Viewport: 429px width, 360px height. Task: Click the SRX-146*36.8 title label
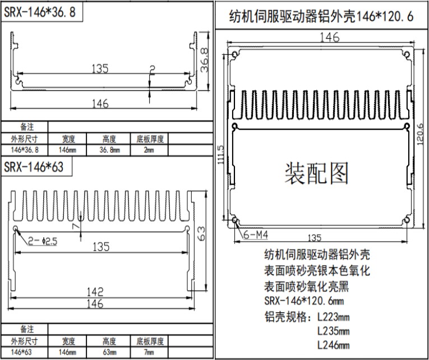pos(40,12)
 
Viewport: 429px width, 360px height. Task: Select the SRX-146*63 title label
pos(34,167)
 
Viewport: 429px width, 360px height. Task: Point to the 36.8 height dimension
pos(204,60)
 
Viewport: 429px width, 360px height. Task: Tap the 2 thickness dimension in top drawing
pos(152,70)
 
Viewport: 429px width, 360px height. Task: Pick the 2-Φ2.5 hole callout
pos(43,241)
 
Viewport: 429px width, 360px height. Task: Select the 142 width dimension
pos(95,292)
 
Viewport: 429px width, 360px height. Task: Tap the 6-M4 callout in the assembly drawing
pos(256,235)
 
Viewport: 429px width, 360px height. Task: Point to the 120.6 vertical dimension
pos(421,134)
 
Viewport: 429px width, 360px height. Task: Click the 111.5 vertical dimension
pos(221,155)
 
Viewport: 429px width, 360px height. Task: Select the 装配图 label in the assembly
pos(316,173)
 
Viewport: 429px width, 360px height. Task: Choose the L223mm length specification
pos(333,317)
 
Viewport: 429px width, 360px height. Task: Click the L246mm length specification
pos(333,344)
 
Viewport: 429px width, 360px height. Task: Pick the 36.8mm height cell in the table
pos(109,150)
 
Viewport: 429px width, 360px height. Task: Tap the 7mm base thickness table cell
pos(149,352)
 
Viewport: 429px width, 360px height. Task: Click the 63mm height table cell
pos(109,352)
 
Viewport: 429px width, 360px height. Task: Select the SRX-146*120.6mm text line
pos(304,301)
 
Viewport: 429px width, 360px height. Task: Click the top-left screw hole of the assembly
pos(235,55)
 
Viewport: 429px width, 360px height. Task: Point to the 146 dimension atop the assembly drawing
pos(329,38)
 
